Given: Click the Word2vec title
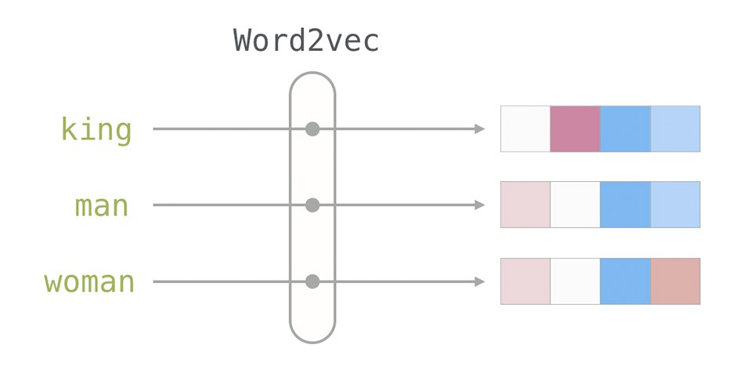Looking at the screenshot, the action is tap(306, 41).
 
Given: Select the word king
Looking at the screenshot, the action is tap(96, 129).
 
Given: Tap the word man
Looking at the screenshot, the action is tap(102, 206).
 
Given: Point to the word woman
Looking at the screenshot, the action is tap(89, 282).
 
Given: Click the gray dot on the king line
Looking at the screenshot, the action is tap(312, 129).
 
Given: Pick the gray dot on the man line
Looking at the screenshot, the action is tap(312, 205).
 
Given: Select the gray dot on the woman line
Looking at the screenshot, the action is tap(312, 282).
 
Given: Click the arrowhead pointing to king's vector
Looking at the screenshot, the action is tap(479, 129).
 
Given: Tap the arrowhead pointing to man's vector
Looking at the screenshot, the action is tap(479, 205).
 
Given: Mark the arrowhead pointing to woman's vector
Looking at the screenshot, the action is tap(479, 282).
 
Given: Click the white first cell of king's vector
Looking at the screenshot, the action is tap(525, 129).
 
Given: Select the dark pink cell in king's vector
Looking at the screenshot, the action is tap(576, 129).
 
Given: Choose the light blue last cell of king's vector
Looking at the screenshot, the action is tap(675, 129).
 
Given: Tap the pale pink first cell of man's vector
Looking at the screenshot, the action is tap(525, 205).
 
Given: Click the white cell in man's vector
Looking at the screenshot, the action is tap(576, 205).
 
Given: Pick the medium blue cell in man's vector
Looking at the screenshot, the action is tap(626, 205).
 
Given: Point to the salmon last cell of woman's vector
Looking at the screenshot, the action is tap(675, 281).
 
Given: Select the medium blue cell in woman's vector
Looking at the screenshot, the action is tap(626, 281).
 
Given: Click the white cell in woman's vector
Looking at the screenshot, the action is tap(576, 281).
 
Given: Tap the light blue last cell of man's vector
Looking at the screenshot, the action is tap(675, 205).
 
